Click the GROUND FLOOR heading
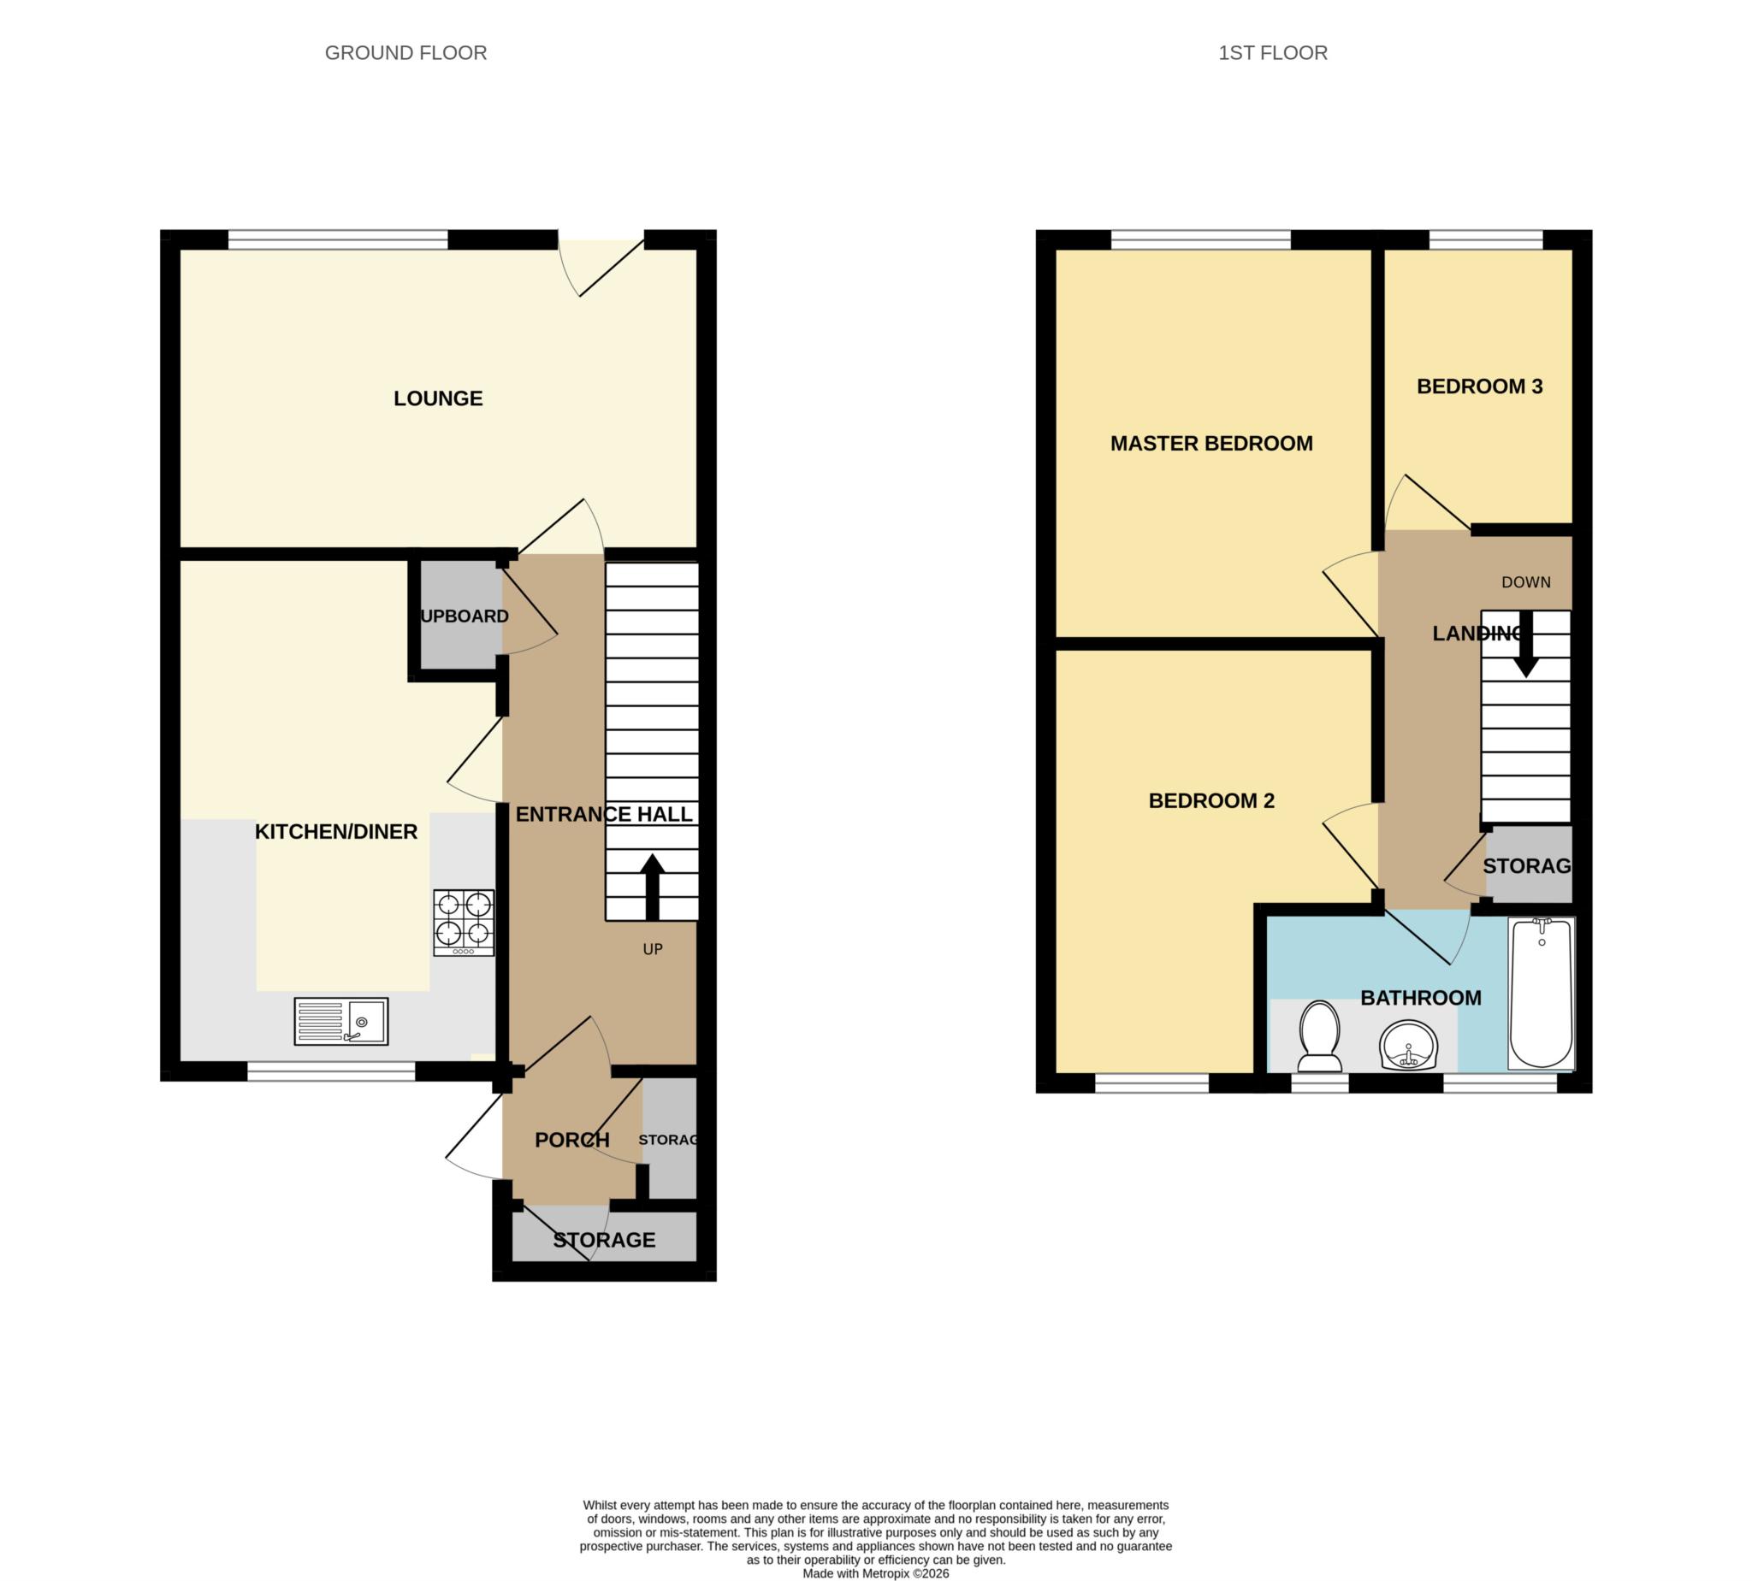click(x=405, y=53)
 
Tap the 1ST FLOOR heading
click(x=1272, y=53)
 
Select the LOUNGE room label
click(x=438, y=398)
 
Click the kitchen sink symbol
click(x=340, y=1021)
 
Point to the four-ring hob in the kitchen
click(x=464, y=923)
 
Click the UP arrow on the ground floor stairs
click(x=653, y=887)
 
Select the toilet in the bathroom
click(x=1318, y=1037)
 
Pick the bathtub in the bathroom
click(x=1541, y=994)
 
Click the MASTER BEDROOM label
click(x=1211, y=444)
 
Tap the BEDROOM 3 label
click(x=1479, y=386)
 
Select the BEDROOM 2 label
click(x=1211, y=801)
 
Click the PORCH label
click(x=571, y=1140)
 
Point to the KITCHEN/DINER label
click(x=336, y=832)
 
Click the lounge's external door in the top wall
click(x=603, y=261)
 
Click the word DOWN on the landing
click(x=1526, y=583)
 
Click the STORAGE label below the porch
click(x=604, y=1240)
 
